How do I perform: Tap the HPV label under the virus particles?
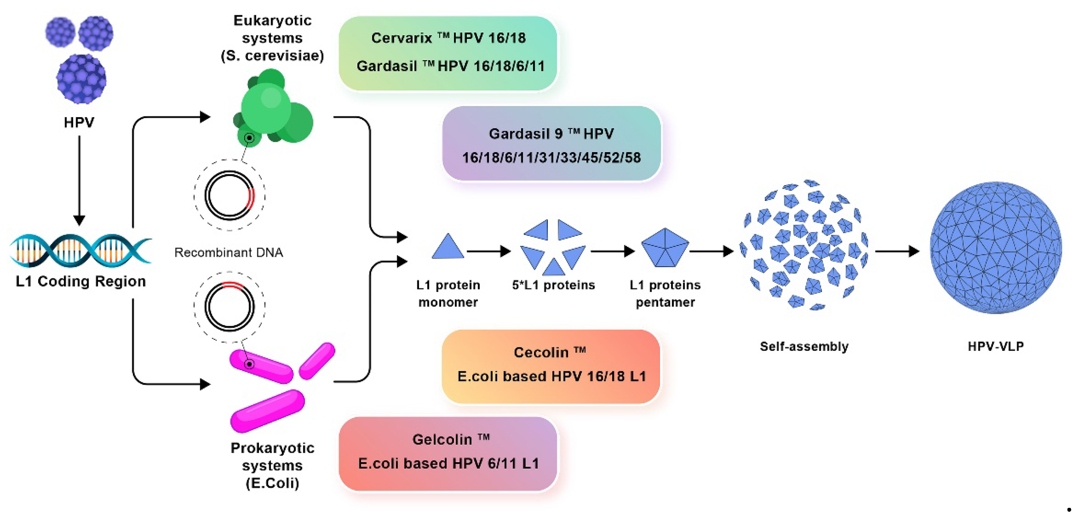(x=79, y=122)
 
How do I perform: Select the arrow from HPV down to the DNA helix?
(x=79, y=180)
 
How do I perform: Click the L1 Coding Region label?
(x=81, y=281)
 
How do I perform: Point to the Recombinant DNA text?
(x=229, y=252)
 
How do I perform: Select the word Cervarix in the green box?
(x=401, y=38)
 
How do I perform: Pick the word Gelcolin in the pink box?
(x=442, y=439)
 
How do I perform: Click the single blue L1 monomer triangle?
(x=447, y=247)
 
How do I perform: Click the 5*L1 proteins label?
(x=553, y=285)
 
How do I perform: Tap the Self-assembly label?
(x=804, y=346)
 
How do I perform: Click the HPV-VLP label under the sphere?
(x=995, y=346)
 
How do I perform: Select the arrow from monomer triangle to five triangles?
(x=488, y=251)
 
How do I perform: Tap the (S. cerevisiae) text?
(x=272, y=55)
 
